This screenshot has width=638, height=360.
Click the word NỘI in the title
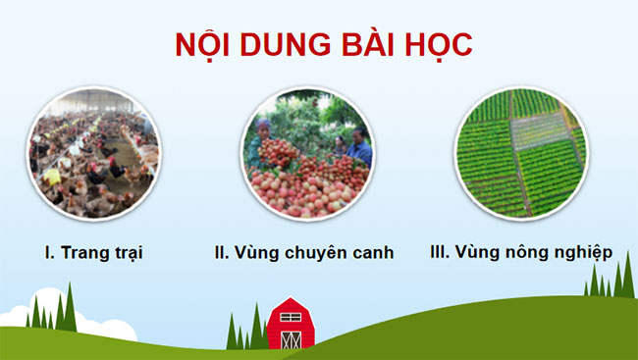(201, 45)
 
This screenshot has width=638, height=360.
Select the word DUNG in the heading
(280, 45)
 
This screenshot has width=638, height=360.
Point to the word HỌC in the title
(436, 45)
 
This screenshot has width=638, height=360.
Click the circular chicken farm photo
(93, 152)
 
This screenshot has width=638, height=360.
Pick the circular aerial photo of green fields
(520, 152)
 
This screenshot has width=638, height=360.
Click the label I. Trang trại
(94, 252)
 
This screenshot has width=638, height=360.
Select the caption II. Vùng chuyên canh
(304, 252)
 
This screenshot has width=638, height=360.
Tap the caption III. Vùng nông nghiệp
(521, 252)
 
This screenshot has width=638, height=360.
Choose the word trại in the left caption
(126, 252)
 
